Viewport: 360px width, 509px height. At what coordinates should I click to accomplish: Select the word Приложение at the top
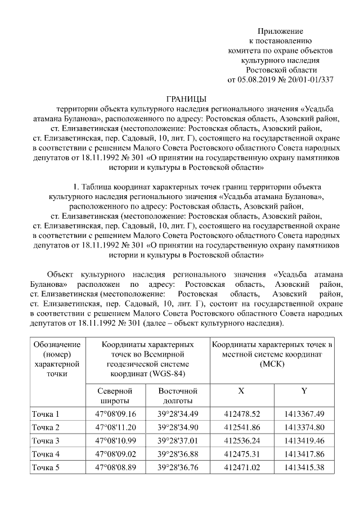click(x=280, y=30)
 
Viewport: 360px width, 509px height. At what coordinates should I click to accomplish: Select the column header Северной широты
click(x=114, y=395)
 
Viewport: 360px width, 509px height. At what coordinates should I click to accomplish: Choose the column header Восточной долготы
click(x=178, y=395)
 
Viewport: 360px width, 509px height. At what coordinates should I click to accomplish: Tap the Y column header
click(x=304, y=391)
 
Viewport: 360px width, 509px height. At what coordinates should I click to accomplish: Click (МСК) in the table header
click(x=273, y=364)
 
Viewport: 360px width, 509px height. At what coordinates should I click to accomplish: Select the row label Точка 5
click(x=46, y=467)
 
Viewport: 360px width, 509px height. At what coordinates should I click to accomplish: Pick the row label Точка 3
click(x=46, y=440)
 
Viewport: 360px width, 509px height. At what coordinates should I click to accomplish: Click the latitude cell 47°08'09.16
click(x=116, y=414)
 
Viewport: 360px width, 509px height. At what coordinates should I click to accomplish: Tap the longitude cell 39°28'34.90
click(x=178, y=427)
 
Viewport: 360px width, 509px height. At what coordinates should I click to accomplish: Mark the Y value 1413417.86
click(x=304, y=454)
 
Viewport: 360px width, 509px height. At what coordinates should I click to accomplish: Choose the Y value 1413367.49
click(x=304, y=414)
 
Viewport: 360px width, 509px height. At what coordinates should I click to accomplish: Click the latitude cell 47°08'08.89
click(x=116, y=467)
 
